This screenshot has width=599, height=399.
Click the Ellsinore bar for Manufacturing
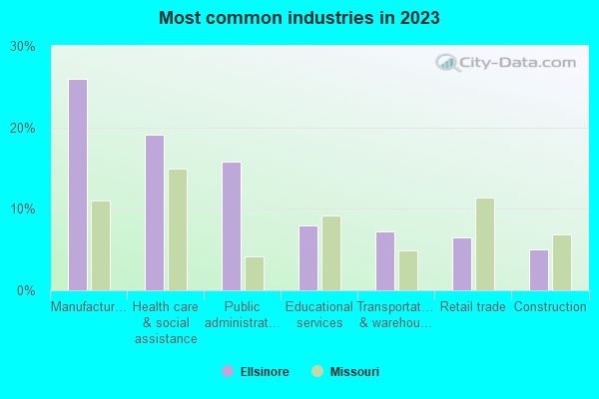(77, 185)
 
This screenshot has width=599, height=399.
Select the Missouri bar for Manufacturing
(101, 245)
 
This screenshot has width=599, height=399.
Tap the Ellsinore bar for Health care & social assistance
(154, 212)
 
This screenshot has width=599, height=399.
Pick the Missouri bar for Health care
(178, 229)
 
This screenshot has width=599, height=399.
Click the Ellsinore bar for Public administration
(231, 225)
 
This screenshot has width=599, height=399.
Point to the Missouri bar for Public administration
(255, 273)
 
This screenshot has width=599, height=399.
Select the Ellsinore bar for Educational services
(308, 257)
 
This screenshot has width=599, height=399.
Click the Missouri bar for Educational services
(331, 253)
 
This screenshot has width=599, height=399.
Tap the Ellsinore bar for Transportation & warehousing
(385, 260)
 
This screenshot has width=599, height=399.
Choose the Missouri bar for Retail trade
(485, 244)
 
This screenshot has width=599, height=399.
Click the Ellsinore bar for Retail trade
(462, 263)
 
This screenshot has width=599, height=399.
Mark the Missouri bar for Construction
(562, 262)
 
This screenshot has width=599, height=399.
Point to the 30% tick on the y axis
(23, 47)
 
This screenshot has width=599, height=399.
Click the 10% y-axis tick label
(23, 209)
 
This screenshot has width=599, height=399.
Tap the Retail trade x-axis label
(473, 307)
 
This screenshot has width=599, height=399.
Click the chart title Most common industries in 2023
(299, 18)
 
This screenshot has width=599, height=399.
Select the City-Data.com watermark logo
(503, 62)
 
